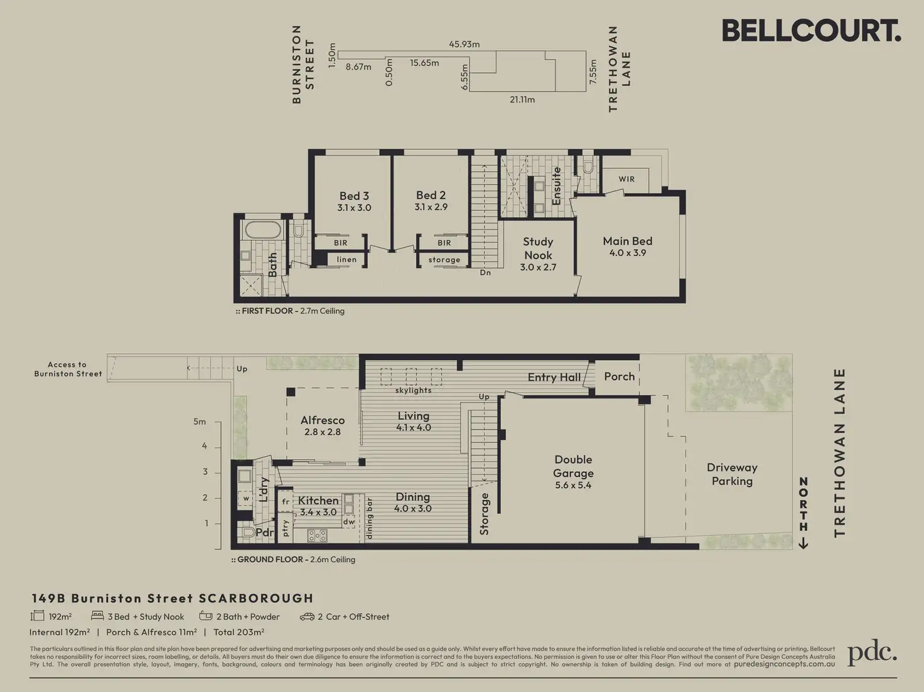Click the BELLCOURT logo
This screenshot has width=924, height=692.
point(811,31)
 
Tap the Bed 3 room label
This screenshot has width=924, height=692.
point(354,201)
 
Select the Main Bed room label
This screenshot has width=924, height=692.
point(627,247)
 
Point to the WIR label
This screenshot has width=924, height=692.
point(626,179)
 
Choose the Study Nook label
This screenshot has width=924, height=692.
point(538,254)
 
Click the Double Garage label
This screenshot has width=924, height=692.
point(573,472)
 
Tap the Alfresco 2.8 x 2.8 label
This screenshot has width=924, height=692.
point(323,425)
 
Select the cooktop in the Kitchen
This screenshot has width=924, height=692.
point(317,536)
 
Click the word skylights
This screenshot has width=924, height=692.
point(414,390)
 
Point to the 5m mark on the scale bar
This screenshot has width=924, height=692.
point(200,422)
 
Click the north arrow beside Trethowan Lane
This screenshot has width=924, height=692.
point(803,513)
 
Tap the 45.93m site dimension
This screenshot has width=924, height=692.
point(464,44)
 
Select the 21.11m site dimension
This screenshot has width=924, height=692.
point(522,100)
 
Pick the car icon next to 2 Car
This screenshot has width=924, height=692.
point(307,617)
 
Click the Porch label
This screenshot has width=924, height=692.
point(619,376)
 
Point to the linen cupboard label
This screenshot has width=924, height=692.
point(346,260)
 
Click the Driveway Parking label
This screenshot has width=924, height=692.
point(732,474)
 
